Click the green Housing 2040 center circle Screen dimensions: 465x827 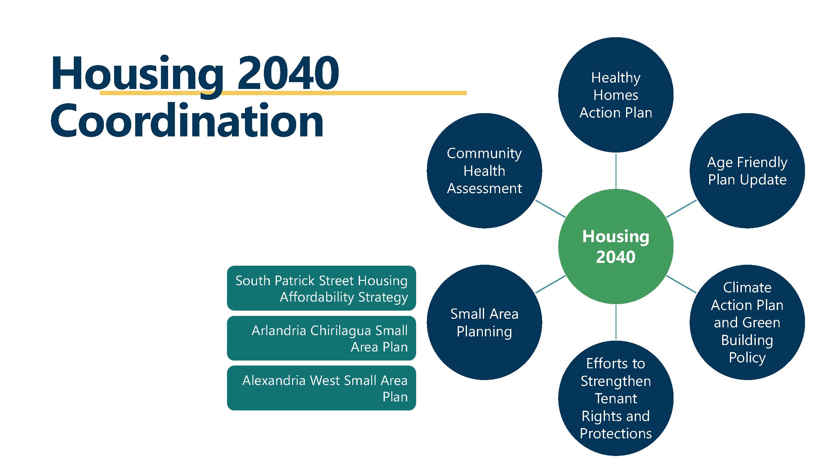pyautogui.click(x=616, y=246)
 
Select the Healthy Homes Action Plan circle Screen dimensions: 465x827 pyautogui.click(x=616, y=95)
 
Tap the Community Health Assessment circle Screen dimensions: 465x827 pyautogui.click(x=484, y=171)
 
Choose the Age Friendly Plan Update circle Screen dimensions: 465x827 pyautogui.click(x=747, y=171)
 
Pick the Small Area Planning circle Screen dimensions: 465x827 pyautogui.click(x=484, y=322)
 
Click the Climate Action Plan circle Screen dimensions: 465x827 pyautogui.click(x=747, y=322)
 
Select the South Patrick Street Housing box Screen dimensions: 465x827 pyautogui.click(x=321, y=288)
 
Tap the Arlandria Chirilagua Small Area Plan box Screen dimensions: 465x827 pyautogui.click(x=321, y=338)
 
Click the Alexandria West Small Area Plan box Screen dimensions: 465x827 pyautogui.click(x=321, y=388)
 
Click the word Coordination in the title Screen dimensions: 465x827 pyautogui.click(x=187, y=121)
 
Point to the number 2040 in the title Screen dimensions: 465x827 pyautogui.click(x=288, y=73)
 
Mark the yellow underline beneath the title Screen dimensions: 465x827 pyautogui.click(x=353, y=93)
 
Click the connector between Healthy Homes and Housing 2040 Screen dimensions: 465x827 pyautogui.click(x=616, y=171)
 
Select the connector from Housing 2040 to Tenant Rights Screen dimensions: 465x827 pyautogui.click(x=616, y=322)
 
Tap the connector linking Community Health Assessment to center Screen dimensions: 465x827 pyautogui.click(x=551, y=209)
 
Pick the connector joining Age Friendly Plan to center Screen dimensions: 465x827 pyautogui.click(x=681, y=209)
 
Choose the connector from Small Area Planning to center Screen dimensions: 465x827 pyautogui.click(x=551, y=284)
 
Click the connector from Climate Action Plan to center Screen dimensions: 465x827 pyautogui.click(x=681, y=284)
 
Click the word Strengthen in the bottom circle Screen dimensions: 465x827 pyautogui.click(x=616, y=381)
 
